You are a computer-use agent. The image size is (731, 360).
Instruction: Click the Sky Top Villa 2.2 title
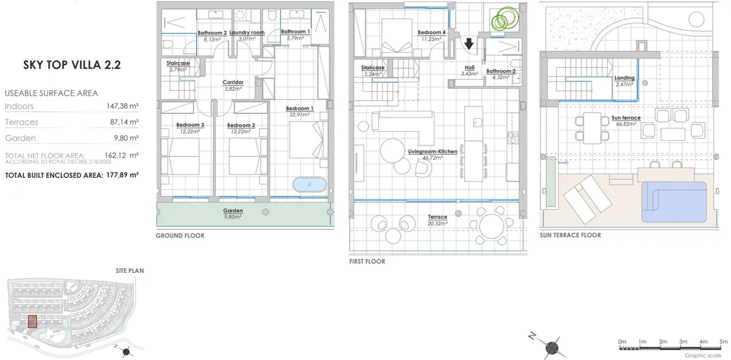72,65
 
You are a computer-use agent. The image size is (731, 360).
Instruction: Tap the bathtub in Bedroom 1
309,185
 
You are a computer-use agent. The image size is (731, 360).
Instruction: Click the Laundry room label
247,32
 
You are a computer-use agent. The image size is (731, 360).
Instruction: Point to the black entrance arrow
469,44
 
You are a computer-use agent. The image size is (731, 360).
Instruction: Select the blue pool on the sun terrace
674,202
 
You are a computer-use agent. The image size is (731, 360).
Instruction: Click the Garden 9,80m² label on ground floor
233,213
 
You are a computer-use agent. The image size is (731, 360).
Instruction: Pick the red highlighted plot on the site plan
32,322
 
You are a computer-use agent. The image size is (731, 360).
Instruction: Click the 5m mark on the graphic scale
724,342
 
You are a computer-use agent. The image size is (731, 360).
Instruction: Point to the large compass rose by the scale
551,347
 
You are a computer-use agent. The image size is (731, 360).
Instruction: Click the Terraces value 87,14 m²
124,122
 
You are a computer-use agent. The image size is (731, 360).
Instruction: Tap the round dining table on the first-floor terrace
492,226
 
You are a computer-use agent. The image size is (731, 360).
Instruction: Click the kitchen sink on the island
478,122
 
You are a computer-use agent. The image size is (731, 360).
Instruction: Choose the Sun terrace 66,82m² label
626,121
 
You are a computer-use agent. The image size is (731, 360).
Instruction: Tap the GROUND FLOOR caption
180,236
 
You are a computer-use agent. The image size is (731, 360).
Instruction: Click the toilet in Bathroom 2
168,44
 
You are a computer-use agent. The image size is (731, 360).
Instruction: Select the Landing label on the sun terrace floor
624,78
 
